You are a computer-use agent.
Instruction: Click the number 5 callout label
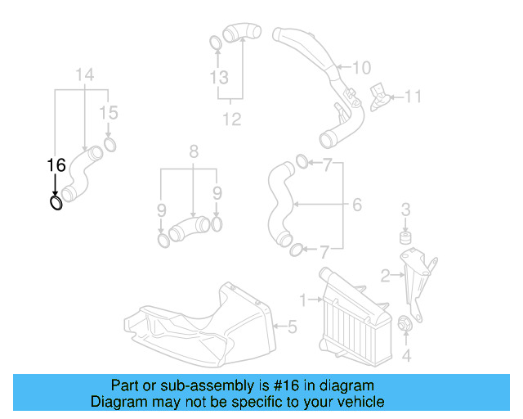click(x=292, y=327)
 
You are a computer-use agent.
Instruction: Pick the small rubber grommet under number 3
click(x=404, y=237)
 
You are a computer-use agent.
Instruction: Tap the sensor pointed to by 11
click(x=380, y=96)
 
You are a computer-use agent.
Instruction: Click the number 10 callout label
click(x=362, y=67)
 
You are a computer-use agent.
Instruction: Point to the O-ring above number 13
click(x=215, y=42)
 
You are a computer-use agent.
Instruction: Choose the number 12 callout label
click(x=232, y=119)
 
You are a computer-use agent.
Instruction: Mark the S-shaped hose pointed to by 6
click(x=277, y=205)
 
